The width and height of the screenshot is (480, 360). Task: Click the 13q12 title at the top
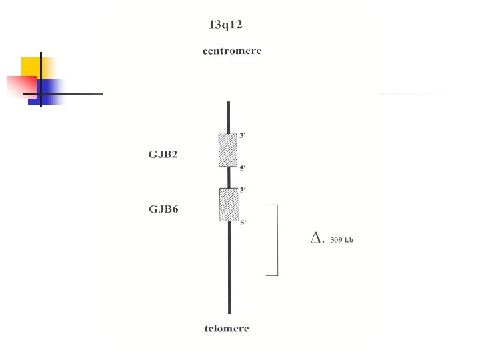225,25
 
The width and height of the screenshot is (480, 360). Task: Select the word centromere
232,51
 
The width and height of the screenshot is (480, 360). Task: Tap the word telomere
227,329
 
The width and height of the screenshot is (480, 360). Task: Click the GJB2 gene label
163,154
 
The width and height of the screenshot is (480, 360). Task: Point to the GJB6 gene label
163,209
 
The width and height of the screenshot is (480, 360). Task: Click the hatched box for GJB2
228,150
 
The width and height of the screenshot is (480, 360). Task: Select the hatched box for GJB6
229,205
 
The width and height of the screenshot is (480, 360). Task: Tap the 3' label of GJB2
243,135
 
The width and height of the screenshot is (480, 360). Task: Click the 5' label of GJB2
243,168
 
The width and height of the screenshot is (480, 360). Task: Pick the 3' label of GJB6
243,190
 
